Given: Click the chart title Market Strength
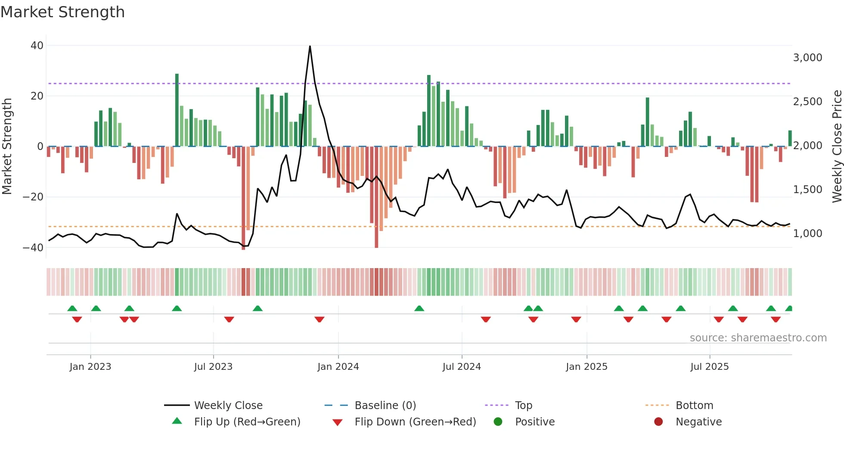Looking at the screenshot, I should pyautogui.click(x=62, y=12).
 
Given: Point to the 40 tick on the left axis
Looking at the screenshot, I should pyautogui.click(x=37, y=46).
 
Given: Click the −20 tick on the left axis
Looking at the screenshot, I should pyautogui.click(x=33, y=197).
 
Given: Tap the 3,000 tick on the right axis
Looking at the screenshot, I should pyautogui.click(x=807, y=58).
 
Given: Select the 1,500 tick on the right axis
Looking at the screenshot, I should pyautogui.click(x=807, y=190).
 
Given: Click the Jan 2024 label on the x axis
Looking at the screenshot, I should pyautogui.click(x=338, y=367).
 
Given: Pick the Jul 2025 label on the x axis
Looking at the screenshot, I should pyautogui.click(x=709, y=367).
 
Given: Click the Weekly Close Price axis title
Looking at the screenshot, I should pyautogui.click(x=837, y=147).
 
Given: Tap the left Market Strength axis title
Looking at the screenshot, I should pyautogui.click(x=7, y=147).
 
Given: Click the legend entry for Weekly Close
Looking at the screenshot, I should pyautogui.click(x=228, y=406).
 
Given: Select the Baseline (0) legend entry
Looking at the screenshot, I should pyautogui.click(x=385, y=406).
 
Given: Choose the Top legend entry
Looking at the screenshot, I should pyautogui.click(x=524, y=406).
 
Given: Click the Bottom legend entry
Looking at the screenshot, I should pyautogui.click(x=694, y=406).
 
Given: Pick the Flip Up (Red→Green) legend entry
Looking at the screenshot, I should pyautogui.click(x=247, y=422).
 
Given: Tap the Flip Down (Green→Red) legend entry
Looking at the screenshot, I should pyautogui.click(x=415, y=422).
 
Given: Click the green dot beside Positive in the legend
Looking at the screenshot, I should pyautogui.click(x=498, y=422).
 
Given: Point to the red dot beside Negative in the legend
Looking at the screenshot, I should pyautogui.click(x=658, y=422).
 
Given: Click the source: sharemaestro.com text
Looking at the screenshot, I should pyautogui.click(x=758, y=338).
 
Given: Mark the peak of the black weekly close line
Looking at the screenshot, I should pyautogui.click(x=310, y=46).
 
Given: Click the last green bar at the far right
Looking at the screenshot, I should pyautogui.click(x=790, y=138).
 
